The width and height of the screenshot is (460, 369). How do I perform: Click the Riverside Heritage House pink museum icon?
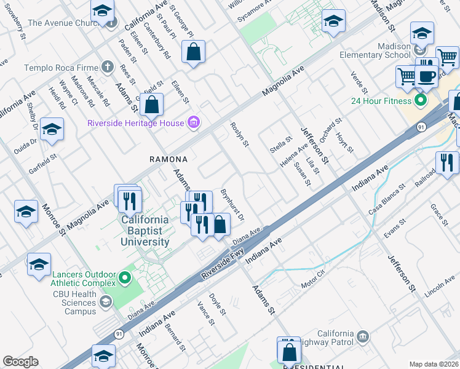click(x=194, y=123)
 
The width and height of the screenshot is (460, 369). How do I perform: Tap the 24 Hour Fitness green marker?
click(x=421, y=100)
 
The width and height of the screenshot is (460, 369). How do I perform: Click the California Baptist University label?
click(x=145, y=231)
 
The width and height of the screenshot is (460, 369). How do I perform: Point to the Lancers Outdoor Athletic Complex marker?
click(x=125, y=279)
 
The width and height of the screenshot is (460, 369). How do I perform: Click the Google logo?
click(x=20, y=362)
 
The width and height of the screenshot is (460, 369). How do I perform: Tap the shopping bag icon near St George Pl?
click(x=193, y=54)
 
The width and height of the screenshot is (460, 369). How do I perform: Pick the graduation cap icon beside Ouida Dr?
click(x=52, y=130)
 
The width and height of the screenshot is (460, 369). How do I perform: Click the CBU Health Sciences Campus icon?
click(x=106, y=301)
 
